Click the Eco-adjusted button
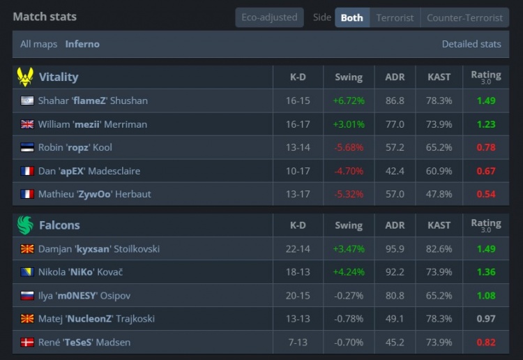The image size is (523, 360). click(x=269, y=17)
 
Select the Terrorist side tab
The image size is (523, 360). click(x=395, y=17)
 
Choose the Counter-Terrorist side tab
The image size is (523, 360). click(x=464, y=17)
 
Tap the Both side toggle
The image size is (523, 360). click(x=351, y=17)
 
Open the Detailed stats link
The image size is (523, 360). click(x=471, y=44)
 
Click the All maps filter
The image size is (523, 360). click(x=38, y=44)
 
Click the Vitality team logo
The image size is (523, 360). click(x=25, y=77)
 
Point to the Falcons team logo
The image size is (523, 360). click(x=25, y=225)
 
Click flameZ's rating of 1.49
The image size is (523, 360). click(x=486, y=100)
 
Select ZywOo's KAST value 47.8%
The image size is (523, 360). click(x=439, y=194)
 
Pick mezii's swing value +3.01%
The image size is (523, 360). click(x=349, y=124)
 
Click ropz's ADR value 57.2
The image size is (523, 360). click(x=395, y=147)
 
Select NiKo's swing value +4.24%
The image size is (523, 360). click(x=349, y=272)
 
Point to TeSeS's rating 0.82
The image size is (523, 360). click(x=486, y=343)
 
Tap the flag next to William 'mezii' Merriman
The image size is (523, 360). click(x=28, y=124)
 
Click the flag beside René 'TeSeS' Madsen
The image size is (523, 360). click(x=28, y=343)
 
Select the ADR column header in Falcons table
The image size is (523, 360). click(x=395, y=225)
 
